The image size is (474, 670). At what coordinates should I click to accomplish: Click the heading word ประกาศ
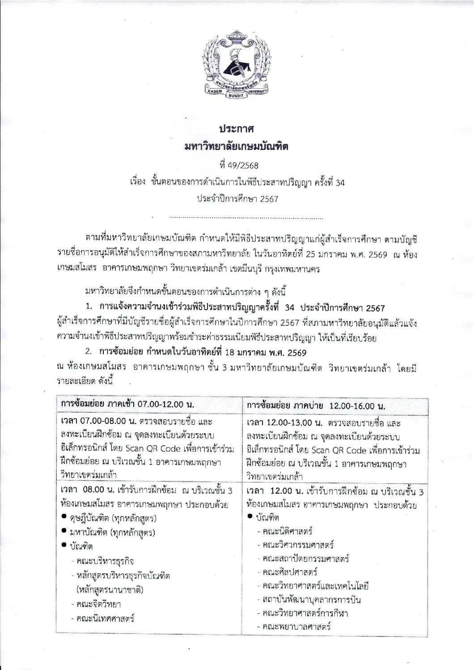point(237,129)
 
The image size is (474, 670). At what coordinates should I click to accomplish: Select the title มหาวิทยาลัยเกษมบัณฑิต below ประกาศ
point(237,147)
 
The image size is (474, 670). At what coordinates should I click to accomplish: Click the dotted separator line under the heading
point(246,218)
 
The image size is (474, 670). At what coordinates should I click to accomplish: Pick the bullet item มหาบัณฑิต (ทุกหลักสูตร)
point(112,532)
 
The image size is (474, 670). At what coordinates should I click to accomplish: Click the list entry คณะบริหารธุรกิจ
point(106,561)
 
